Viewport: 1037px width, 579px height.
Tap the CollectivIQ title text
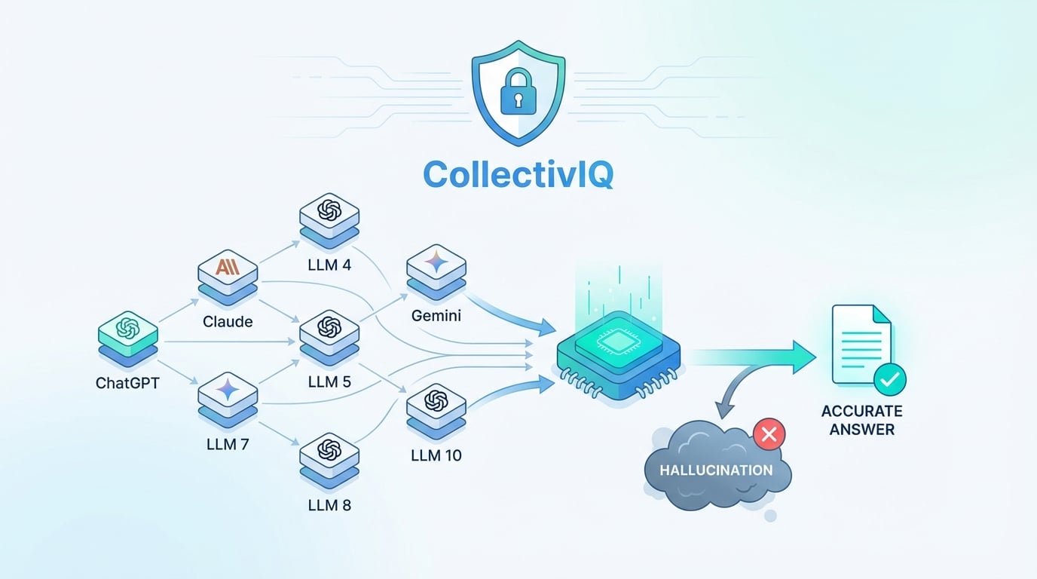[x=518, y=174]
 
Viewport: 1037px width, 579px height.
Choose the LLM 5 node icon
[x=329, y=329]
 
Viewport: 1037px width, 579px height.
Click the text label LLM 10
[x=436, y=455]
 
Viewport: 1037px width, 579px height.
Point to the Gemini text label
[x=436, y=316]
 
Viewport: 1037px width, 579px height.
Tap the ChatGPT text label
[x=127, y=382]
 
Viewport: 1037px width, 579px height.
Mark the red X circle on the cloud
[x=769, y=433]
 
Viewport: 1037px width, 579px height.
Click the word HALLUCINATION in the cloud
[x=716, y=470]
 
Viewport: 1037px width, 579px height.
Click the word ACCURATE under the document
[x=862, y=412]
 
